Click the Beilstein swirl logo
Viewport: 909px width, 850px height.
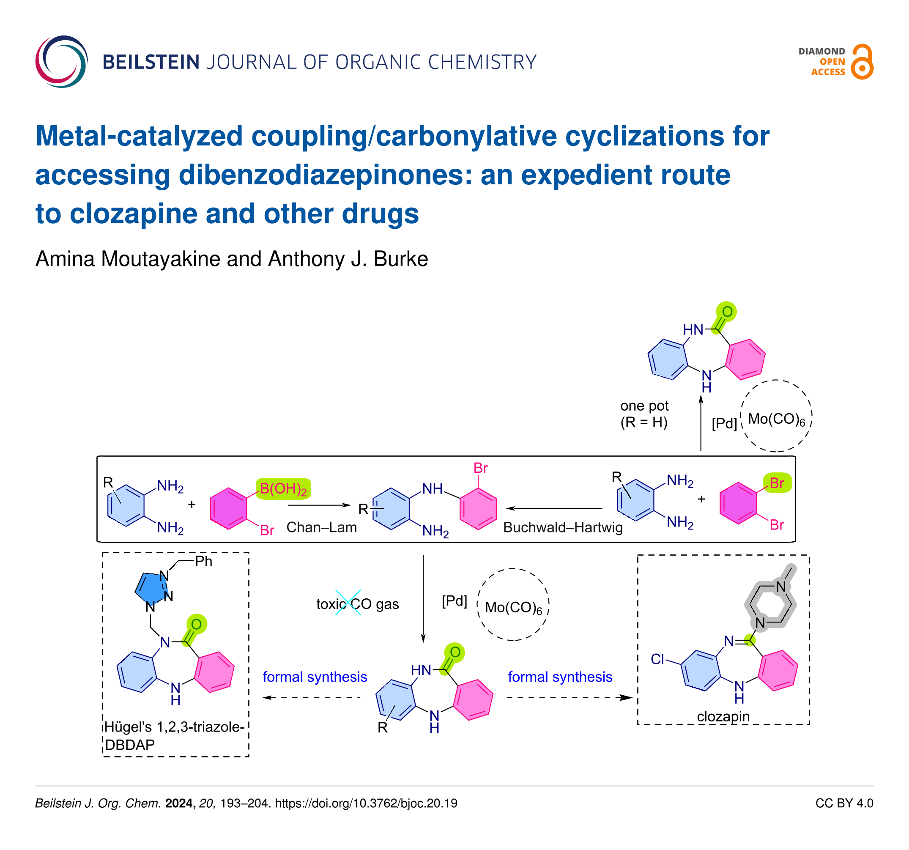tap(61, 62)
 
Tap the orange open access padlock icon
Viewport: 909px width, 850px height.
tap(862, 62)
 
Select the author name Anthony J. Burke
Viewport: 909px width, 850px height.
tap(348, 259)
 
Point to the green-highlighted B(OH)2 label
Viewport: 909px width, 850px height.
tap(283, 489)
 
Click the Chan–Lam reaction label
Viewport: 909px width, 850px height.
tap(321, 527)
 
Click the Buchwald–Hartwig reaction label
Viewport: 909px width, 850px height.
tap(562, 527)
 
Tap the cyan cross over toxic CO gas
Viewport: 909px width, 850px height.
tap(348, 603)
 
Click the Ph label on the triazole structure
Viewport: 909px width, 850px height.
tap(203, 561)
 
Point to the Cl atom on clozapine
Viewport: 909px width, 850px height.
tap(657, 659)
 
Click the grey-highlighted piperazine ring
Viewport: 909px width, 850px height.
tap(770, 604)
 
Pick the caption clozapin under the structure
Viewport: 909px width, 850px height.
tap(723, 716)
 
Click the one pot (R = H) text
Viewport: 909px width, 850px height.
tap(644, 414)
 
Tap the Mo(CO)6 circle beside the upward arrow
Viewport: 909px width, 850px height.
tap(775, 416)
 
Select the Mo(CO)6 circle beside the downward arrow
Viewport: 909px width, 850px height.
tap(512, 604)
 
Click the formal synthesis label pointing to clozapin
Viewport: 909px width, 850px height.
tap(560, 677)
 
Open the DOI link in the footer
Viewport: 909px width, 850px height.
tap(366, 803)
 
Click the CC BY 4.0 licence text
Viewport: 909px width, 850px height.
tap(844, 803)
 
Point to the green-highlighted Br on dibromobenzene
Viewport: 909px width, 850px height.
tap(777, 483)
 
